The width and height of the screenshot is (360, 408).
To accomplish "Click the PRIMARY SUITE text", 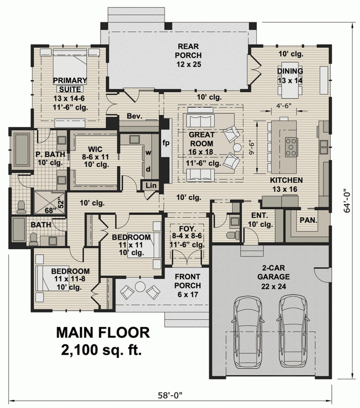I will (70, 84).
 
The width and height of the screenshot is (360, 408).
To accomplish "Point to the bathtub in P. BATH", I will (22, 148).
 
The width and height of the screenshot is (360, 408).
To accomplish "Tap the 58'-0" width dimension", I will (170, 395).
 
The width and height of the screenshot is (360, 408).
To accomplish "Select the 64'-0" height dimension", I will (347, 201).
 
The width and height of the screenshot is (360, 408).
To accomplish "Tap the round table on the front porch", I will (139, 286).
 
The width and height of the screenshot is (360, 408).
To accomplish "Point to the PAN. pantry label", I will (307, 219).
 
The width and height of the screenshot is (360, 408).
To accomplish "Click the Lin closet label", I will (150, 186).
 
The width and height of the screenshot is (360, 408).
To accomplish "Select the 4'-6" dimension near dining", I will (283, 105).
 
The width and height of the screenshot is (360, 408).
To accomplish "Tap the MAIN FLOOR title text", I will (103, 332).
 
